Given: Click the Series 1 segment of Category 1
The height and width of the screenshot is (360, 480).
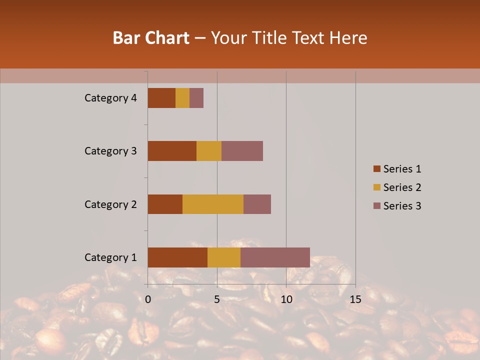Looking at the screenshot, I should (x=177, y=257).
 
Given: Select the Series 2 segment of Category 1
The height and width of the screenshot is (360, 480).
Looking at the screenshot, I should (x=224, y=257).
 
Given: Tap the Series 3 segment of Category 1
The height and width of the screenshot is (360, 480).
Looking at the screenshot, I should (x=275, y=257).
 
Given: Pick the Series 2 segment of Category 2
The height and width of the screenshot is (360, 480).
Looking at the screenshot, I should (x=213, y=204).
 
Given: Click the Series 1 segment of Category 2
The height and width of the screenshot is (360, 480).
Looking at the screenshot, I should (x=165, y=204).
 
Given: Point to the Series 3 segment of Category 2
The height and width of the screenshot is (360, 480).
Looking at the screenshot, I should (x=257, y=204).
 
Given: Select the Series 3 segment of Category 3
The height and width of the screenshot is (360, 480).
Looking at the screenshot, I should (x=242, y=151).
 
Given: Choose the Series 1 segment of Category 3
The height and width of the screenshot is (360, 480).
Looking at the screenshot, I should (x=172, y=151).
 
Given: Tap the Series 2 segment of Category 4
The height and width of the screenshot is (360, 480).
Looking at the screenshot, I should (x=182, y=98).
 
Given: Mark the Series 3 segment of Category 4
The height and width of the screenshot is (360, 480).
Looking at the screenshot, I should (x=196, y=98).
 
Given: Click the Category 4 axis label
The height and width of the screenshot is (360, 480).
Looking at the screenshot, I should (x=110, y=98).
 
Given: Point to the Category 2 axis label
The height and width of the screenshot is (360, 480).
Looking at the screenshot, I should (x=110, y=204).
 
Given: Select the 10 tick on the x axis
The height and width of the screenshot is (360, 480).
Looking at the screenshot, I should (x=286, y=299).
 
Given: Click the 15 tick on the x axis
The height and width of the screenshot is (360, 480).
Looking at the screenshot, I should (x=355, y=299).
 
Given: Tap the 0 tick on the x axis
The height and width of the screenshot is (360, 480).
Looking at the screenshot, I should (x=148, y=299).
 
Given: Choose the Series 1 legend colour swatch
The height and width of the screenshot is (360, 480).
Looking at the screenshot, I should (x=376, y=169).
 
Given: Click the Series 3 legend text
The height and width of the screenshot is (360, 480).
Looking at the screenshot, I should (x=402, y=206).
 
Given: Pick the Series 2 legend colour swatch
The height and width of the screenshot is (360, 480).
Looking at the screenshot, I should (x=376, y=187).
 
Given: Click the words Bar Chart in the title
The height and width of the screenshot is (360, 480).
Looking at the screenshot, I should (x=151, y=38).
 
